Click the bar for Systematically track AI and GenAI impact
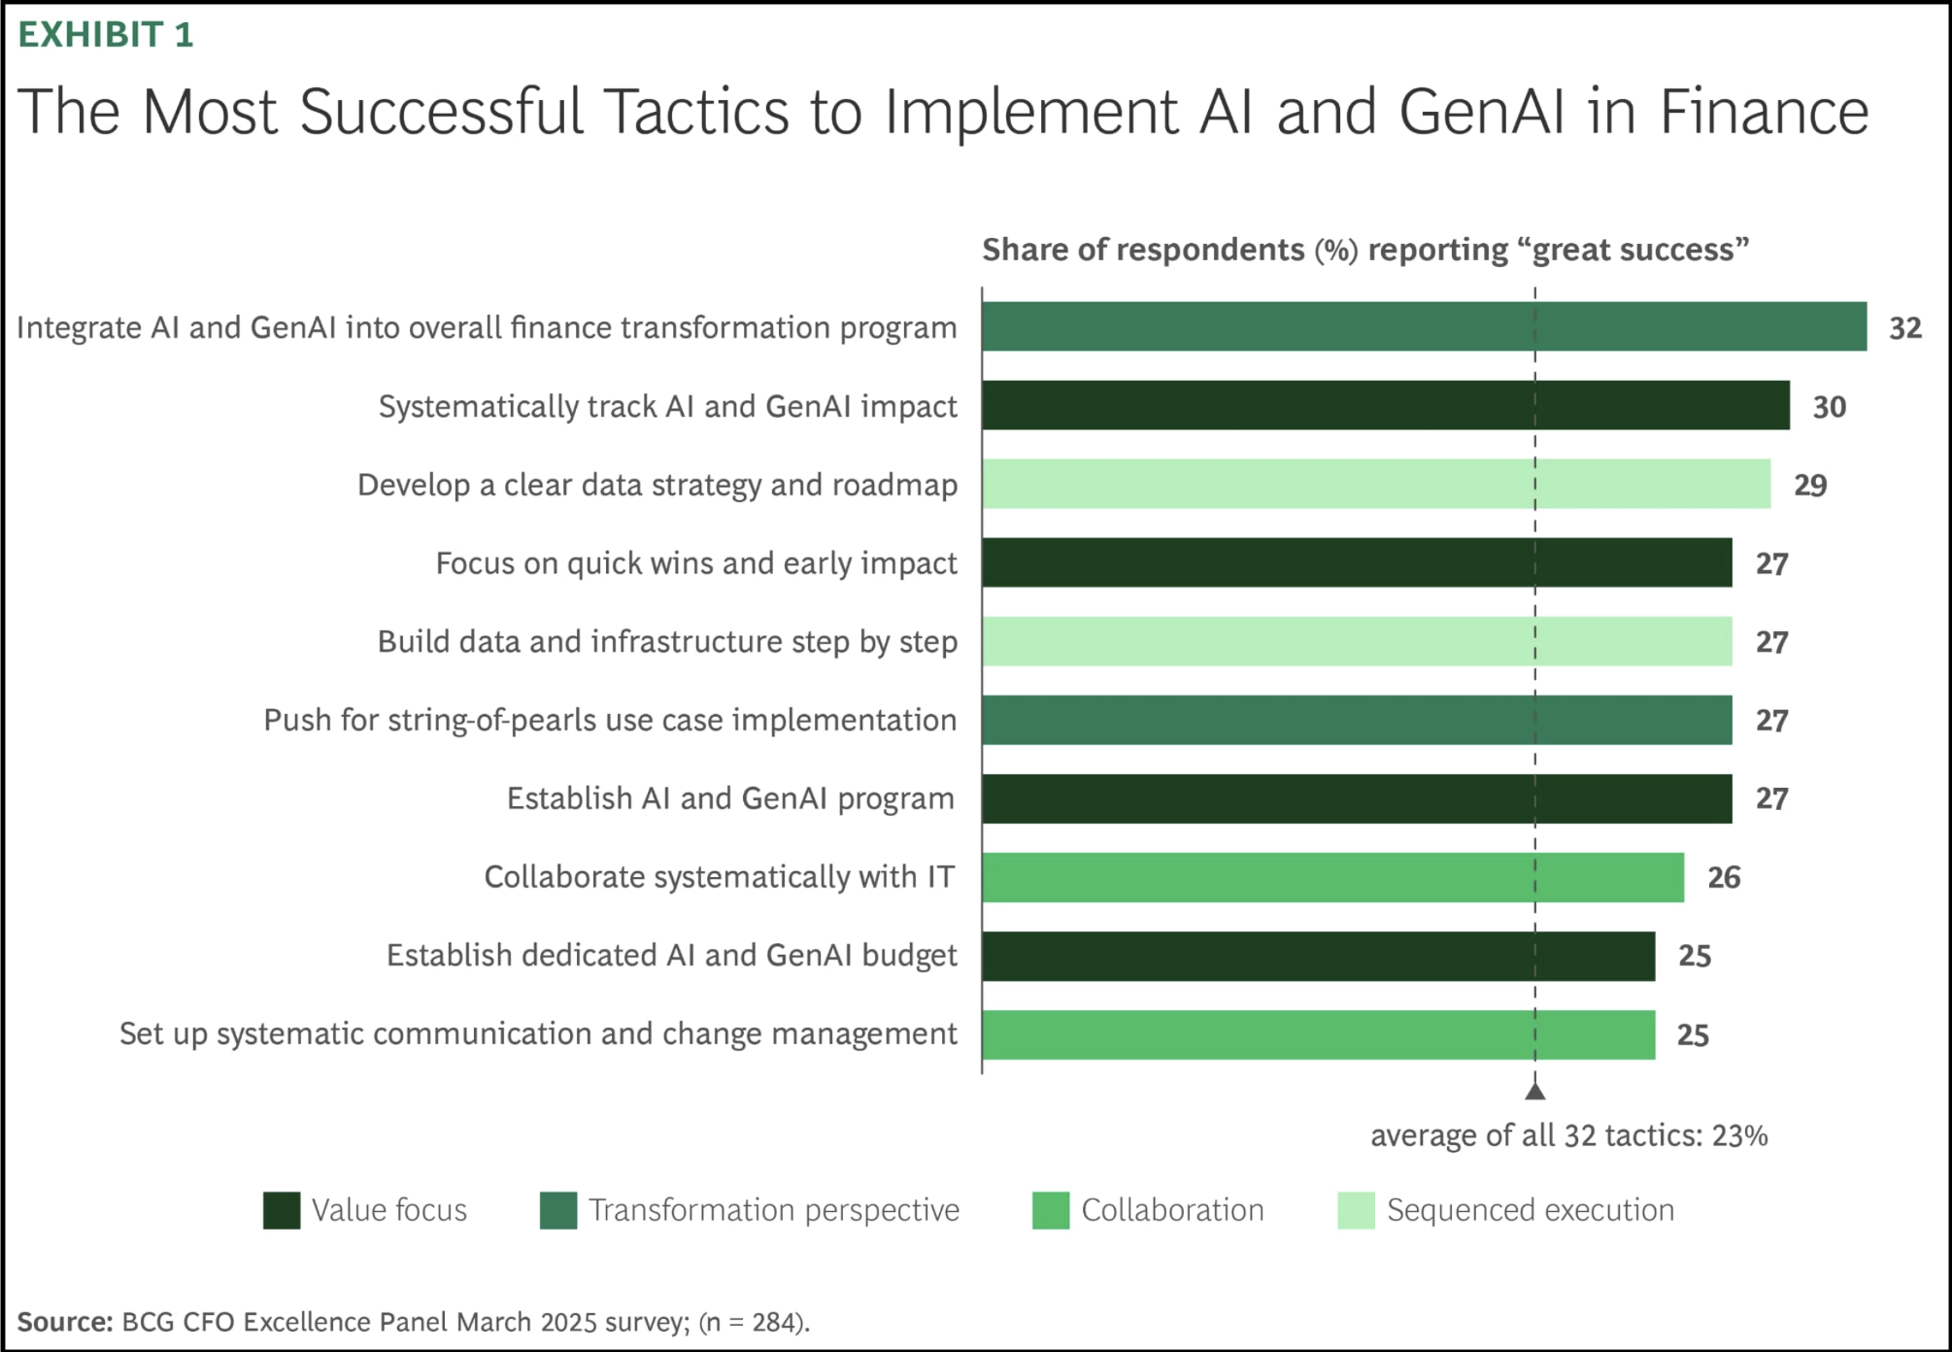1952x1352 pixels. click(x=1385, y=405)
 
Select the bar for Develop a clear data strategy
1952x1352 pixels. click(x=1375, y=484)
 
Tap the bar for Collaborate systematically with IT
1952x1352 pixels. click(x=1332, y=877)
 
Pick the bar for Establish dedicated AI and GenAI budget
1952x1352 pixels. click(x=1318, y=956)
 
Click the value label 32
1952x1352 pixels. click(x=1904, y=328)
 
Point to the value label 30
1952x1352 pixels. click(x=1829, y=407)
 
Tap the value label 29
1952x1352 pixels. click(x=1809, y=485)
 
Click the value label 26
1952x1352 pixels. click(x=1724, y=878)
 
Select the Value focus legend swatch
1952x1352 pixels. click(x=282, y=1210)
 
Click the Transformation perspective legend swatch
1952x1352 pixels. click(x=558, y=1210)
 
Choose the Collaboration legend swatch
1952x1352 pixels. click(x=1051, y=1210)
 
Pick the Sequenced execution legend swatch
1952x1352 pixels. click(x=1356, y=1210)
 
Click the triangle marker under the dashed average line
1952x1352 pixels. click(x=1535, y=1091)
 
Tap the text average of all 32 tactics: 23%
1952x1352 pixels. click(x=1568, y=1135)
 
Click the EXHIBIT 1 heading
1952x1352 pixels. click(x=106, y=35)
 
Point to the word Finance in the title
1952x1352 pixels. click(x=1763, y=112)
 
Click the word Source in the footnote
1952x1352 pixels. click(x=64, y=1322)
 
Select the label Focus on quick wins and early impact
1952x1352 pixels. click(x=696, y=563)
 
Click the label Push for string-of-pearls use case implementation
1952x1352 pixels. click(x=610, y=721)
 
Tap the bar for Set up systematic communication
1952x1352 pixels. click(x=1318, y=1034)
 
